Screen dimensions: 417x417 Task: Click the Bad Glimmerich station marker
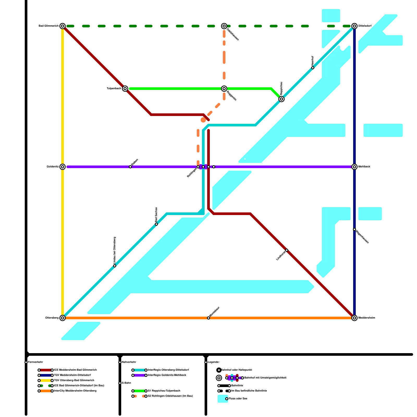(63, 26)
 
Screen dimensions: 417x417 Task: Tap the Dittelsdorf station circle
(354, 26)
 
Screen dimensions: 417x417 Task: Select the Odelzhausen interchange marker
(224, 26)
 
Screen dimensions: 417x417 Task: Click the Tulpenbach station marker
(125, 89)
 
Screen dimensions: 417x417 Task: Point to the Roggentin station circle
(224, 89)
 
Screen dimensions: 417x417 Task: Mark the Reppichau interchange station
(281, 99)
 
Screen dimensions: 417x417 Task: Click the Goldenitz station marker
(63, 167)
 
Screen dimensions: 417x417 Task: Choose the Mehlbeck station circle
(354, 167)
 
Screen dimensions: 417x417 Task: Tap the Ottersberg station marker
(63, 318)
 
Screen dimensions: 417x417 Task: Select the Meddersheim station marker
(354, 318)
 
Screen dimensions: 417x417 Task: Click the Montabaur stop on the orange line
(208, 318)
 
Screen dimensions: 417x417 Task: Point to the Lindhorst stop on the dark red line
(287, 250)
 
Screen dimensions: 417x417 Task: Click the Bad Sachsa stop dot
(156, 224)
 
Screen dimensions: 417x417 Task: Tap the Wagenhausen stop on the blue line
(354, 229)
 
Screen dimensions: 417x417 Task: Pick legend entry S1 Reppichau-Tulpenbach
(164, 391)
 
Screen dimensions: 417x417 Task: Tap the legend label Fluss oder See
(238, 399)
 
